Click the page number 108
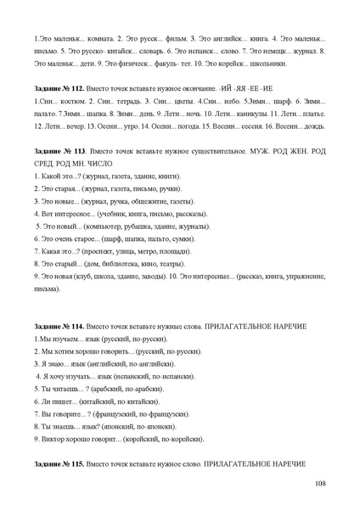[x=319, y=483]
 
